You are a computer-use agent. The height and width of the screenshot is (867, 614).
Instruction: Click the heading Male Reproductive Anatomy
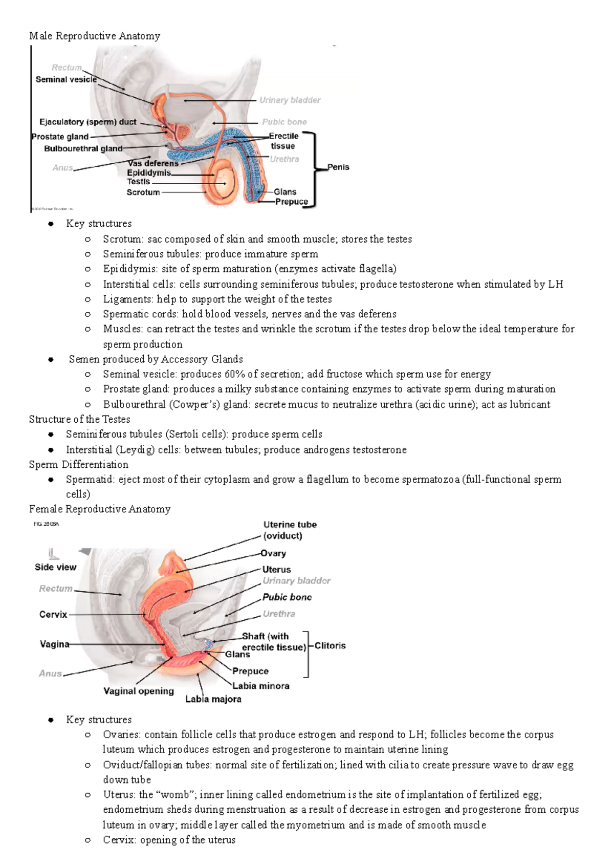pyautogui.click(x=95, y=36)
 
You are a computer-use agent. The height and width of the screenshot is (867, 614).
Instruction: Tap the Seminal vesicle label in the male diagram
pyautogui.click(x=66, y=79)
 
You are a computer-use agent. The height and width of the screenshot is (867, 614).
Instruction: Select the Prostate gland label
pyautogui.click(x=60, y=137)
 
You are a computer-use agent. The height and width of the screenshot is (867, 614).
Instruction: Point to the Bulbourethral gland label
pyautogui.click(x=83, y=148)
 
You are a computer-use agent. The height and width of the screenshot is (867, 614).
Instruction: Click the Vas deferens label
pyautogui.click(x=153, y=163)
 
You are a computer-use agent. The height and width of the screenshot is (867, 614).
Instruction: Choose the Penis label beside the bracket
pyautogui.click(x=338, y=167)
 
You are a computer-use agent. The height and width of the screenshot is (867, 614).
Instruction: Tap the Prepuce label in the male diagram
pyautogui.click(x=291, y=202)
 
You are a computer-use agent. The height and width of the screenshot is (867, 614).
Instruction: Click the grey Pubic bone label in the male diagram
pyautogui.click(x=284, y=122)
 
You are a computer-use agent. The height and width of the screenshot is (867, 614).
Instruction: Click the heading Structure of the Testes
pyautogui.click(x=79, y=419)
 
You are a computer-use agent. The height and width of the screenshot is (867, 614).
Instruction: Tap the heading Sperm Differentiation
pyautogui.click(x=78, y=465)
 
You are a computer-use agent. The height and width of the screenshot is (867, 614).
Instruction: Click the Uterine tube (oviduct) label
pyautogui.click(x=290, y=530)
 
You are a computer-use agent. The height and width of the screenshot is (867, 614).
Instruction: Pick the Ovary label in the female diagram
pyautogui.click(x=273, y=553)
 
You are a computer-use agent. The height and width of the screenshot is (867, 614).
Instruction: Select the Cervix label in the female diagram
pyautogui.click(x=53, y=614)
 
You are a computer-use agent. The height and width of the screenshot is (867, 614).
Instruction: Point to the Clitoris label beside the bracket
pyautogui.click(x=330, y=645)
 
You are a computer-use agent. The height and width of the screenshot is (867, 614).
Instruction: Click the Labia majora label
pyautogui.click(x=213, y=699)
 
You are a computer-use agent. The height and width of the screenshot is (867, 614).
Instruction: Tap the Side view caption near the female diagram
pyautogui.click(x=55, y=567)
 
